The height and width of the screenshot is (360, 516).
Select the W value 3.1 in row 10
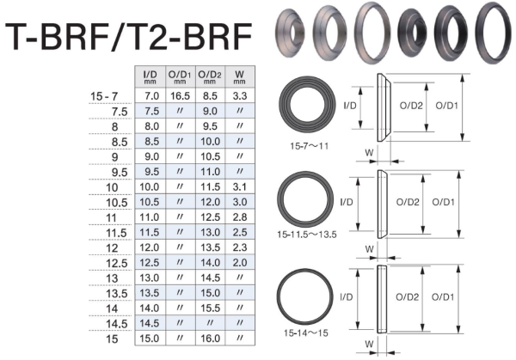pyautogui.click(x=240, y=186)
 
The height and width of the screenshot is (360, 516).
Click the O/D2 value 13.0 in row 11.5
pyautogui.click(x=211, y=233)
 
